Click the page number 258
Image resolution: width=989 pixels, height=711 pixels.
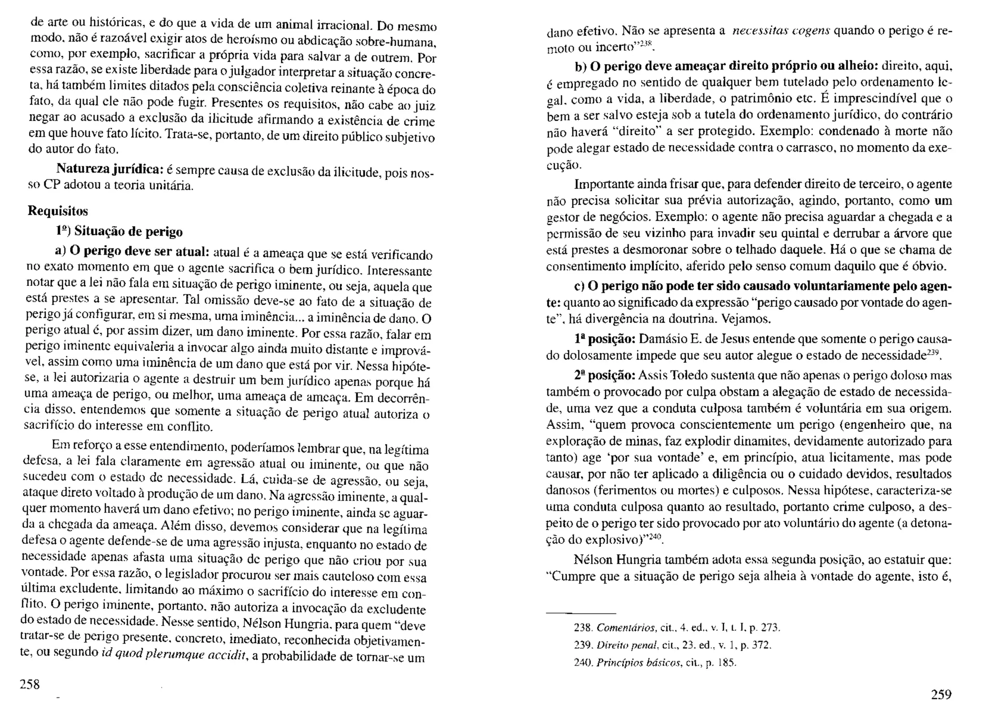[29, 684]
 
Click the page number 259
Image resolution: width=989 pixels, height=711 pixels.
[941, 695]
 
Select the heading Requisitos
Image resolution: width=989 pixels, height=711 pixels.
[58, 211]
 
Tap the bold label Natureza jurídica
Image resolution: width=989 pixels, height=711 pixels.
[109, 169]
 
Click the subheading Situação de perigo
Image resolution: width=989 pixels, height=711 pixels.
[128, 232]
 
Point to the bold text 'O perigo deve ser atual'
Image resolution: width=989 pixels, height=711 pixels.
[139, 252]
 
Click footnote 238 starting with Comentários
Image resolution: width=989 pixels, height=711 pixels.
[677, 628]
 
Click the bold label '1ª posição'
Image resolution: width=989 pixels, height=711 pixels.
[604, 339]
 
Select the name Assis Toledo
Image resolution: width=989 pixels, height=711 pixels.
[671, 375]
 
